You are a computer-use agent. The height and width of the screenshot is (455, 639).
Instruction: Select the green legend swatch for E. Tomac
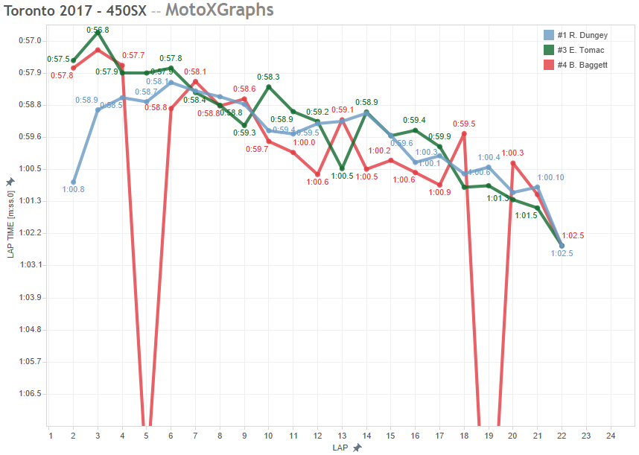549,50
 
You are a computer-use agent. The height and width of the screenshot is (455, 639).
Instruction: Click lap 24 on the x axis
611,436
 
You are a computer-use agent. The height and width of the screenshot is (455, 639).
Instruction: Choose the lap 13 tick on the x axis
342,436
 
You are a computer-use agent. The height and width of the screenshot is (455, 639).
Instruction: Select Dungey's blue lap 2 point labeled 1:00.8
73,182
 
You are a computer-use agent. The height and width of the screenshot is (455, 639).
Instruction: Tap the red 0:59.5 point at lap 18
464,134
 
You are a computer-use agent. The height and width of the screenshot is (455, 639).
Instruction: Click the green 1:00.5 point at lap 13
342,169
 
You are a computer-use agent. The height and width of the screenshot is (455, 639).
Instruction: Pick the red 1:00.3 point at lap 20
512,162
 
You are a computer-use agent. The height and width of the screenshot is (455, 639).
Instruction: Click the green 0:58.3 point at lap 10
269,86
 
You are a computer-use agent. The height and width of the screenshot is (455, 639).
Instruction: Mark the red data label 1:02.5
572,235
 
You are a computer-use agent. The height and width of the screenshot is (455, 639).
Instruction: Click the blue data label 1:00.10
550,177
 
